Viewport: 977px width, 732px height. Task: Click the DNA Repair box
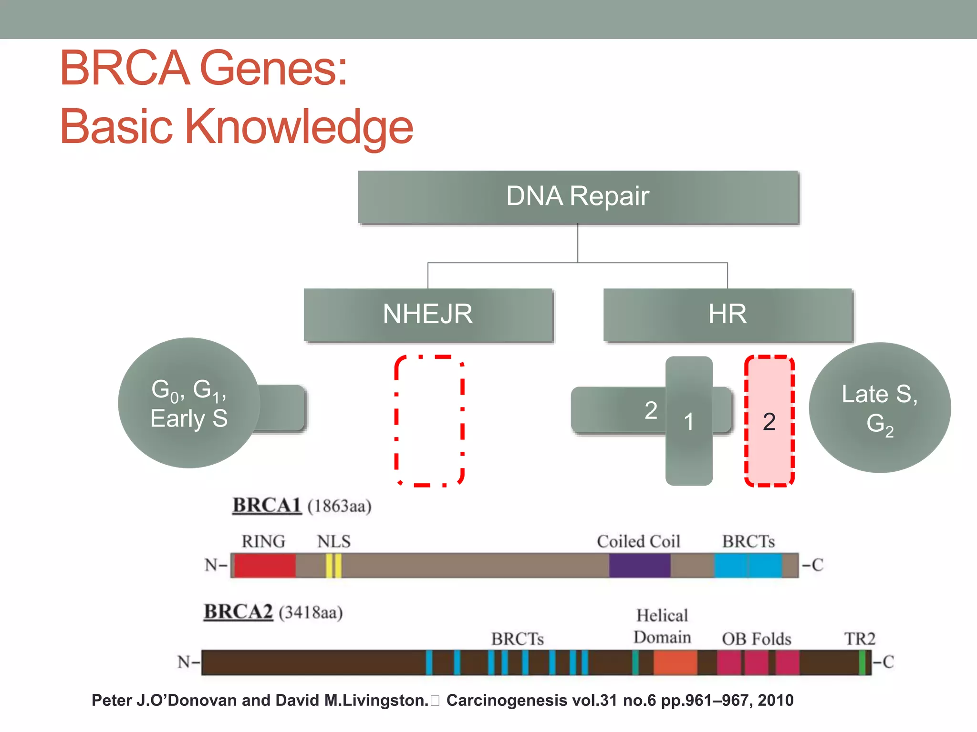click(x=578, y=197)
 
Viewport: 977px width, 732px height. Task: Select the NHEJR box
click(x=428, y=315)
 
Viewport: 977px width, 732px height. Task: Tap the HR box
click(x=728, y=315)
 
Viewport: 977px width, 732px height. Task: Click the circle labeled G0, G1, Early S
click(x=189, y=403)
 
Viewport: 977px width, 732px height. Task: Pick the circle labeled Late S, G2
click(x=880, y=408)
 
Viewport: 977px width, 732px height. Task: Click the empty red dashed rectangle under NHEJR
click(x=429, y=420)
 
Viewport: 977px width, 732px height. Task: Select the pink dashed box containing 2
click(x=769, y=421)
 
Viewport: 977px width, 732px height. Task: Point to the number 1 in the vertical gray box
click(x=688, y=422)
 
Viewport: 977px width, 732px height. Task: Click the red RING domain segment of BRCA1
click(x=265, y=566)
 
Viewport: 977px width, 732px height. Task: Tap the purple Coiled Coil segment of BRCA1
click(x=639, y=566)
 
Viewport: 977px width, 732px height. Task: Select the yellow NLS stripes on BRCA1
click(x=333, y=566)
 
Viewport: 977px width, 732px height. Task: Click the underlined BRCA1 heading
click(x=267, y=505)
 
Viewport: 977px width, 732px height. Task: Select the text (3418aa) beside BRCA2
click(x=311, y=612)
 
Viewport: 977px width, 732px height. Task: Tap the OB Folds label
click(x=756, y=639)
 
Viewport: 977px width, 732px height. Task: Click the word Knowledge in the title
click(x=299, y=127)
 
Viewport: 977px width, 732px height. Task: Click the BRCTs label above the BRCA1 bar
click(x=748, y=541)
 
